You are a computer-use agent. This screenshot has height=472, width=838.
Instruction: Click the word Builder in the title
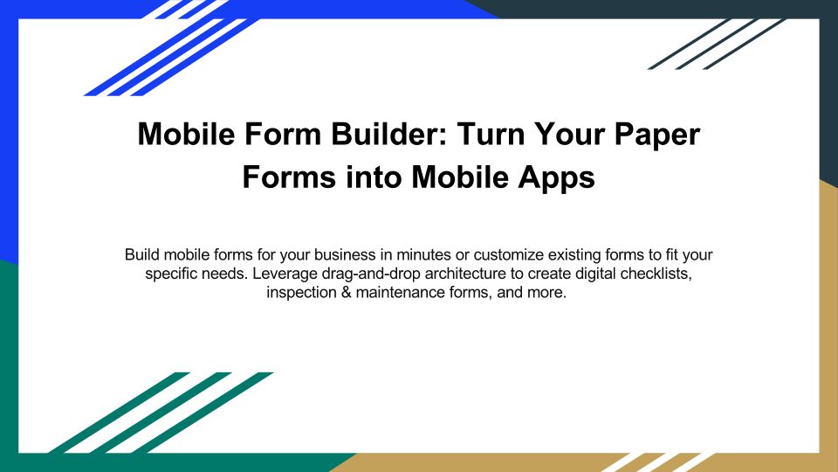pos(388,134)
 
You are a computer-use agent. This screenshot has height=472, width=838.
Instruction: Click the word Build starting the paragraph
pos(141,254)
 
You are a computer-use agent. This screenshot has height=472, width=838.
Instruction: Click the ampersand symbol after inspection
pos(347,292)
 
